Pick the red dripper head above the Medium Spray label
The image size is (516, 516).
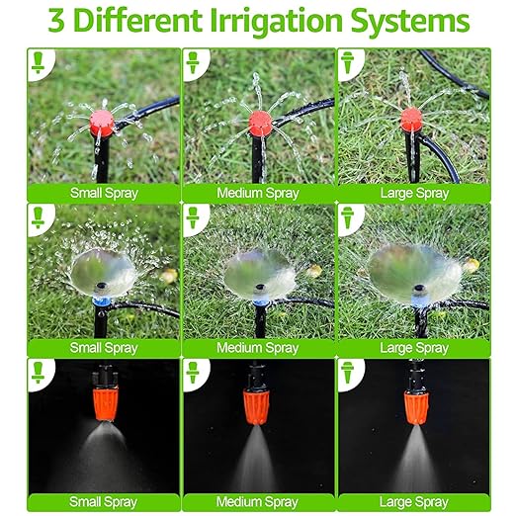point(259,124)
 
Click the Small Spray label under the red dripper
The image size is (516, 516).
point(103,192)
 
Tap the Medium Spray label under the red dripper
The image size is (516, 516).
point(258,192)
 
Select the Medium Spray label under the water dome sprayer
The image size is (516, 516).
point(258,348)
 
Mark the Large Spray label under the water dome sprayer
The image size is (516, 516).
point(414,348)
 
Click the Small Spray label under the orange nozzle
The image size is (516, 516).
point(103,502)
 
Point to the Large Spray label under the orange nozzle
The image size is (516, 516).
point(414,502)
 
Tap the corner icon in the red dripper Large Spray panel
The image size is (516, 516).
point(351,62)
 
